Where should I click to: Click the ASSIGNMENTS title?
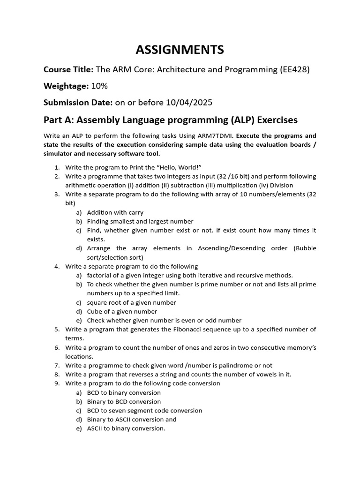(180, 49)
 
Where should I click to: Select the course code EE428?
(293, 70)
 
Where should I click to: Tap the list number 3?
(57, 194)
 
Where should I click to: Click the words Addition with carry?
(115, 212)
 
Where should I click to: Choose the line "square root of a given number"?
(131, 302)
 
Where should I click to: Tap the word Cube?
(94, 311)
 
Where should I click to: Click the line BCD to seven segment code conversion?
(144, 411)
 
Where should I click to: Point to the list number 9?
(57, 383)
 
